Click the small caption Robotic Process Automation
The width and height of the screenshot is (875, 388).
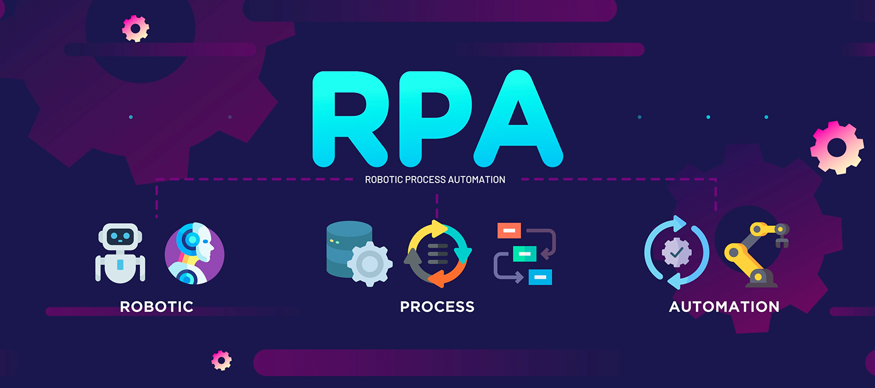[435, 179]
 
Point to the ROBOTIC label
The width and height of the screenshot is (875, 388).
[156, 307]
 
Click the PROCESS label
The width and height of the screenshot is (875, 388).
[437, 307]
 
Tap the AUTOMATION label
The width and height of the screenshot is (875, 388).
[724, 307]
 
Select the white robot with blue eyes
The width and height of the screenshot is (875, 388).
[120, 253]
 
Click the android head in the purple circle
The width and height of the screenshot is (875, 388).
[195, 254]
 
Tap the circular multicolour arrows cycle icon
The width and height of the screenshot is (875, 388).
[438, 254]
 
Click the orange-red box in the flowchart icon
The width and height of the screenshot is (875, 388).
[509, 231]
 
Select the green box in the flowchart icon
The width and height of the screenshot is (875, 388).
[524, 254]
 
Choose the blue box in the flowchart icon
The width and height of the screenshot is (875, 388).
[540, 277]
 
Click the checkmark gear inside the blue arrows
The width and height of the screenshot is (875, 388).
[677, 252]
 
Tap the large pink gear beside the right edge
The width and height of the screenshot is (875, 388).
[837, 148]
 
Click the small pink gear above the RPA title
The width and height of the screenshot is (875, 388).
[135, 28]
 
